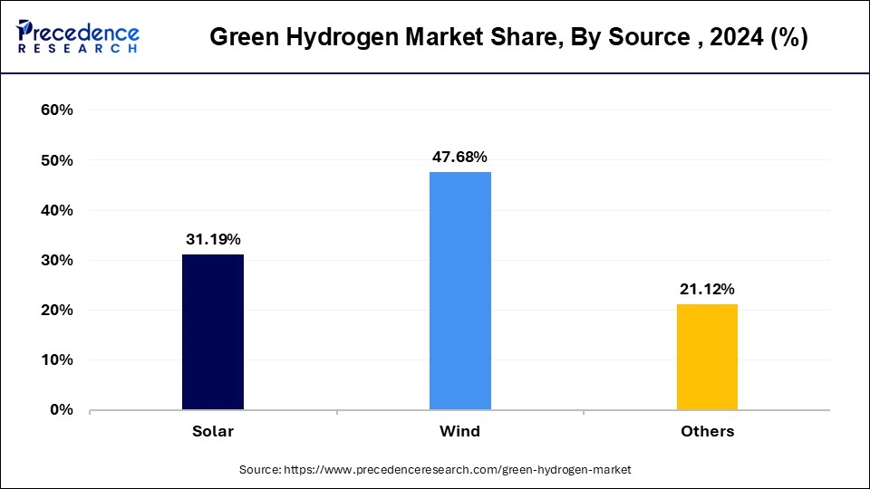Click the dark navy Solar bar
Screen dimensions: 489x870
213,331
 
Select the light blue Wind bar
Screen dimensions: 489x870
460,291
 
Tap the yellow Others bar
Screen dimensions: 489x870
707,357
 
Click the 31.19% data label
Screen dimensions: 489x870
213,239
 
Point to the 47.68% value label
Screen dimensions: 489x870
460,157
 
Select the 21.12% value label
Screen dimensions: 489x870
707,289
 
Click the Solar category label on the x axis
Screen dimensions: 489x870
213,431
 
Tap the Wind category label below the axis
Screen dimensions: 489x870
460,431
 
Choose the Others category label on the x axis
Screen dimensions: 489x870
707,431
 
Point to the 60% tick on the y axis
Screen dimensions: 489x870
56,110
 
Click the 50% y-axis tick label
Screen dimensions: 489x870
56,160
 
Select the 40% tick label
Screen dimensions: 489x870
56,210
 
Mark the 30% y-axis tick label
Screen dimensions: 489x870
56,260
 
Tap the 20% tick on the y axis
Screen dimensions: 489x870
56,310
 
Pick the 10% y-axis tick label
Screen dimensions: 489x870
56,360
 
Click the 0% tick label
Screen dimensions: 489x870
60,409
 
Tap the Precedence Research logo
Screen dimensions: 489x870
78,36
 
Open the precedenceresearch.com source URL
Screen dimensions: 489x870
458,470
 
